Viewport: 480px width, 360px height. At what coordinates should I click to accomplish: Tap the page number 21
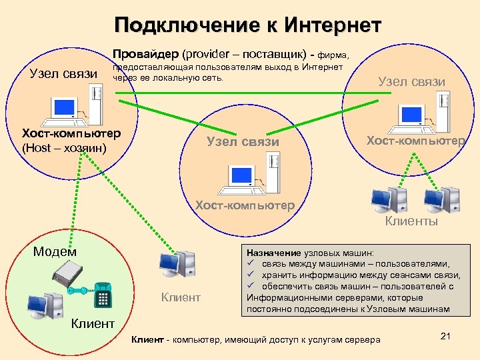pos(447,335)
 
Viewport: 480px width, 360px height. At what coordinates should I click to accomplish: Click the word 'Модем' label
pos(55,251)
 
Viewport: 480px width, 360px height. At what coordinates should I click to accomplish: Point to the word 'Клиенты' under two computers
pos(411,221)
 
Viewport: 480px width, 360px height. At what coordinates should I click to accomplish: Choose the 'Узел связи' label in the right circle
pos(411,81)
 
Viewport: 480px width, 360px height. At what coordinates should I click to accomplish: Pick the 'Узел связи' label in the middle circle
pos(243,141)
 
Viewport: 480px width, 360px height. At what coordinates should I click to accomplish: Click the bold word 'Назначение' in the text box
pos(273,253)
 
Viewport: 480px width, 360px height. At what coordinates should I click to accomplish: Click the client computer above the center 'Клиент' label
pos(177,266)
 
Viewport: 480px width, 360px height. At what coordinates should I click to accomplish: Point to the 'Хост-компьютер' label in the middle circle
pos(245,205)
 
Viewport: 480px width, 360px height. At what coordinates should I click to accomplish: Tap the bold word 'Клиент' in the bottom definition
pos(147,340)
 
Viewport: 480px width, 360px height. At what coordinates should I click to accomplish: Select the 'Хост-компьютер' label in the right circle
pos(415,141)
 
